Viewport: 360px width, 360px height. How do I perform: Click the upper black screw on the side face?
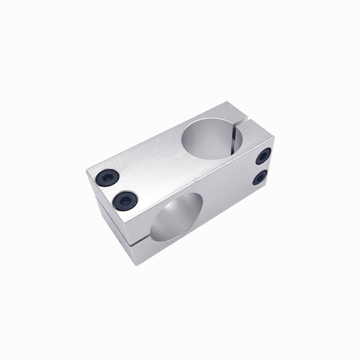click(263, 157)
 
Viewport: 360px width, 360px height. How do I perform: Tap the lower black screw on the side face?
click(260, 178)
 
